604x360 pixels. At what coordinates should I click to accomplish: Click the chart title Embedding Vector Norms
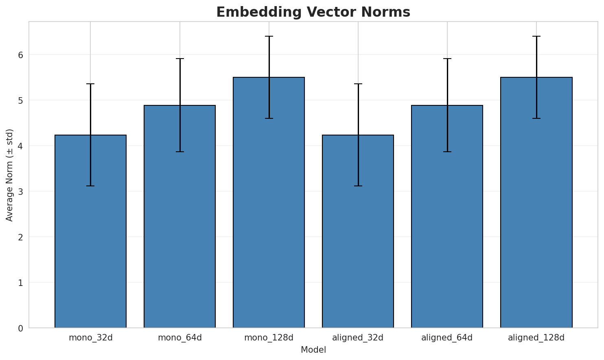[313, 12]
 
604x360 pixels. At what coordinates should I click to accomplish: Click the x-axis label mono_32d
[90, 338]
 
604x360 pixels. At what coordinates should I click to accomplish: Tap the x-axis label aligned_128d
[536, 338]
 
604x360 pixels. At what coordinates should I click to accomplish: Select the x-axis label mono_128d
[269, 338]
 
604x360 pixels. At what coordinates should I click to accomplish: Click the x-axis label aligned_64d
[447, 338]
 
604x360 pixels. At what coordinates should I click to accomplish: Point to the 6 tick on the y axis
[20, 55]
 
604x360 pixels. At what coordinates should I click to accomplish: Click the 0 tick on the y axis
[20, 328]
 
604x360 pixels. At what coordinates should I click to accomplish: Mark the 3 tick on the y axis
[20, 192]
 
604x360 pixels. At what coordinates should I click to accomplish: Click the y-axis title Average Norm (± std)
[10, 175]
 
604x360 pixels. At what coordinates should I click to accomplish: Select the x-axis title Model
[313, 350]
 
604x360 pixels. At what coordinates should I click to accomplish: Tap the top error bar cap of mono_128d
[269, 37]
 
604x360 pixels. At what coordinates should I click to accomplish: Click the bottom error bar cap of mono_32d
[90, 186]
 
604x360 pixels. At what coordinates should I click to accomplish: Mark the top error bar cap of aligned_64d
[447, 59]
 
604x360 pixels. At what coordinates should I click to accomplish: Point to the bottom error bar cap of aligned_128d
[536, 118]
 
